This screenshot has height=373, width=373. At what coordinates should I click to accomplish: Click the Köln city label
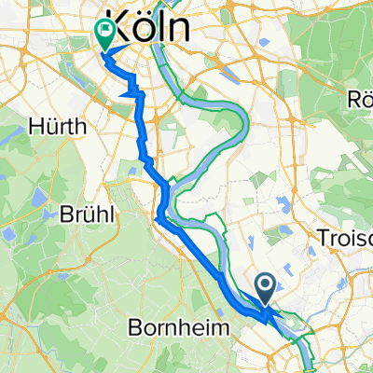tap(149, 27)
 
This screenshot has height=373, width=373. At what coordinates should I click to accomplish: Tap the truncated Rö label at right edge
tap(360, 99)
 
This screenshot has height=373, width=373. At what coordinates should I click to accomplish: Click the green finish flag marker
tap(104, 35)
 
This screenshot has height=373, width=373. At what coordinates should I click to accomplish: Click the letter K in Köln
tap(117, 27)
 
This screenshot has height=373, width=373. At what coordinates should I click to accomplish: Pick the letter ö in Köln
tap(139, 27)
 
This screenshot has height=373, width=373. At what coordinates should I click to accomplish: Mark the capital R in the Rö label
tap(352, 99)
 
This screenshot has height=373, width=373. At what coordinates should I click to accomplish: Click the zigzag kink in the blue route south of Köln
tap(136, 92)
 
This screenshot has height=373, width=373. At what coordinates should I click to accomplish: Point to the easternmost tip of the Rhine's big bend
tap(247, 118)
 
